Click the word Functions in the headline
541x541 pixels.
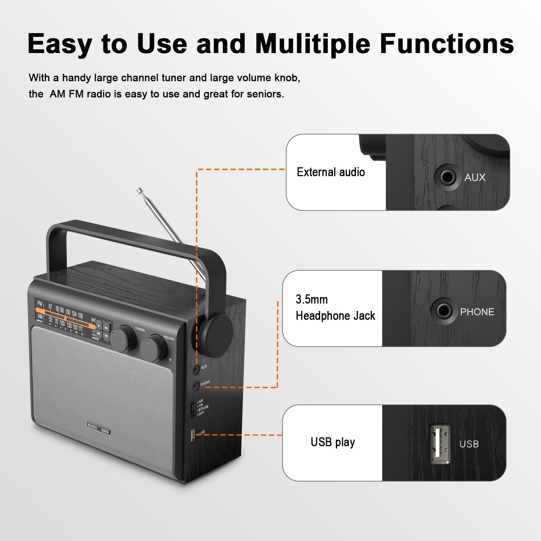tap(446, 44)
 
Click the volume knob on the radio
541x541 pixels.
tap(154, 348)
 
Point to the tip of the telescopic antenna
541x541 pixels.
tap(139, 191)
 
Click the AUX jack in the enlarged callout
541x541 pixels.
tap(448, 177)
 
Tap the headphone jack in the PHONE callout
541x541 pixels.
tap(444, 311)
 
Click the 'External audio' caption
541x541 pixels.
tap(330, 172)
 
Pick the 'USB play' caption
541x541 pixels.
tap(333, 442)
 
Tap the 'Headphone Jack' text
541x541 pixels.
tap(335, 316)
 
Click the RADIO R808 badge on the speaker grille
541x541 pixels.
tap(98, 428)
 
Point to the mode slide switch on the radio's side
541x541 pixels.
tap(192, 410)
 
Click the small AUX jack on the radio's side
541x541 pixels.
tap(196, 369)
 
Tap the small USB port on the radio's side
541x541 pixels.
tap(193, 436)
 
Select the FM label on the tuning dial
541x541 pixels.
tap(40, 303)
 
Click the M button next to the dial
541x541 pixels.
tap(99, 325)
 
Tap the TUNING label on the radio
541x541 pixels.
tap(140, 329)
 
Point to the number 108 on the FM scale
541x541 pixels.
tap(80, 315)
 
